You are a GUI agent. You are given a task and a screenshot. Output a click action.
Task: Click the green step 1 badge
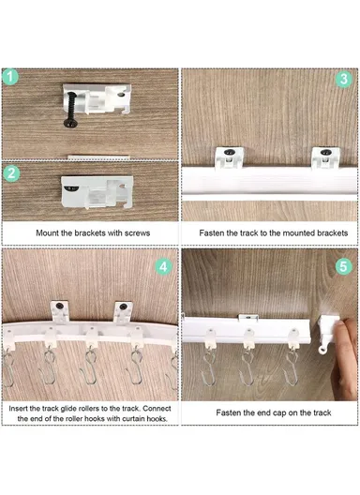click(x=12, y=78)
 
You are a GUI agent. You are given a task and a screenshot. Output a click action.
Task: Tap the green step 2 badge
click(x=12, y=172)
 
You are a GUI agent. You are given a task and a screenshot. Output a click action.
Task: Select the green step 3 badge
click(x=344, y=78)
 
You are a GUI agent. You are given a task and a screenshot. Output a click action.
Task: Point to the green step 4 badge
click(x=164, y=266)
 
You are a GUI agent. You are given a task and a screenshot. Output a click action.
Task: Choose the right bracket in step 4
click(x=122, y=312)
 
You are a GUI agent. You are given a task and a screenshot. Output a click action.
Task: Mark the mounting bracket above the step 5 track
click(x=247, y=319)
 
